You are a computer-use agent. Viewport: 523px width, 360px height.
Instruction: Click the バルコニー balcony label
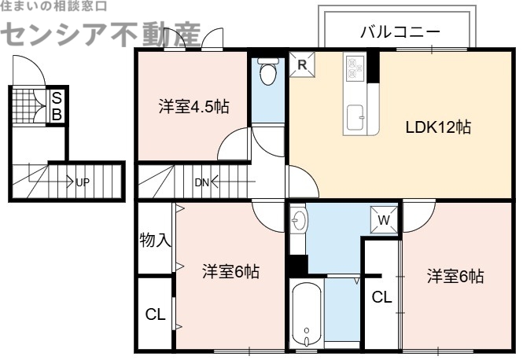[400, 32]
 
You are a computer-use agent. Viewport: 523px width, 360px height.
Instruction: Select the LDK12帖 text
[438, 127]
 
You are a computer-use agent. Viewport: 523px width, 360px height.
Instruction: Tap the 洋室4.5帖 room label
[193, 107]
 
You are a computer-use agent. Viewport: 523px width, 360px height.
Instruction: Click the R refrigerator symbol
[301, 65]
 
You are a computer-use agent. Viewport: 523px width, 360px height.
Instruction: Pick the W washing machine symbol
[384, 221]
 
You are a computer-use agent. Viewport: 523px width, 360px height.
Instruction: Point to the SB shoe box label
[57, 106]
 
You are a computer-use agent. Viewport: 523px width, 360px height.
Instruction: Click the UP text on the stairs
[83, 182]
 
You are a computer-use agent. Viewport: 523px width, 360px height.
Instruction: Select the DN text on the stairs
[202, 182]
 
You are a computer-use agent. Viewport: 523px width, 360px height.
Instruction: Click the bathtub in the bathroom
[306, 315]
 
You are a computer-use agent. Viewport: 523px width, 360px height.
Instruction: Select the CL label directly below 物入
[156, 314]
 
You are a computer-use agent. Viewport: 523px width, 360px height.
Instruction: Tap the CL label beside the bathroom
[381, 297]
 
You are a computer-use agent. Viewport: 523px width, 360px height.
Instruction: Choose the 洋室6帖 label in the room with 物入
[230, 272]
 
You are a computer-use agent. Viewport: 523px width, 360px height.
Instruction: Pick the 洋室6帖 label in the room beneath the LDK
[455, 276]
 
